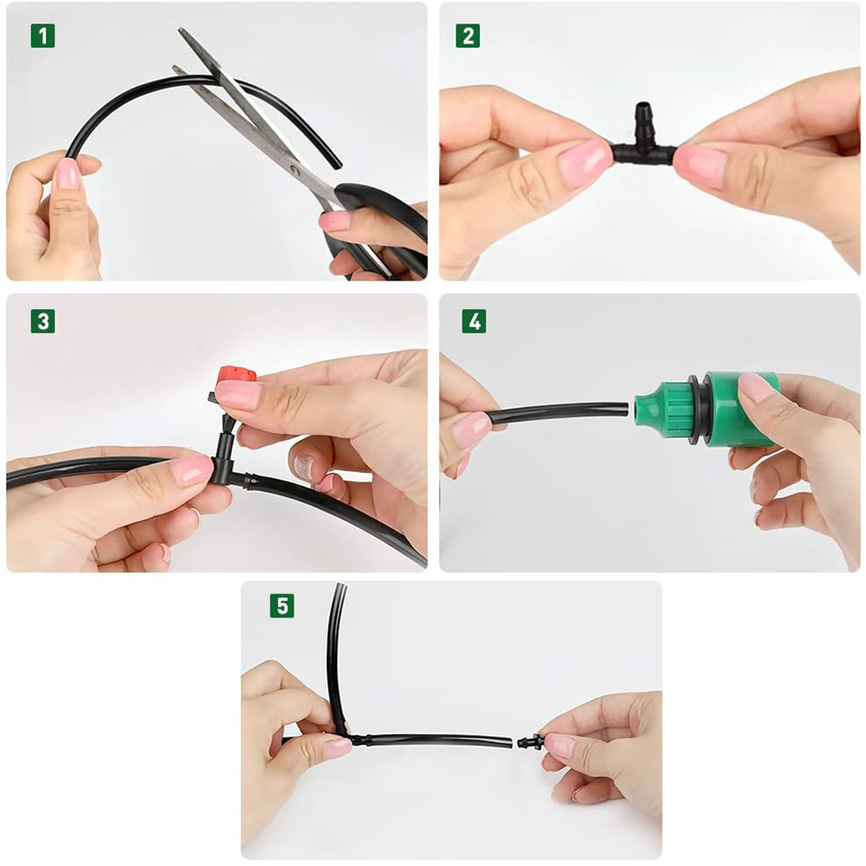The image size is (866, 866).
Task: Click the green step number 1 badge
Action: click(x=42, y=36)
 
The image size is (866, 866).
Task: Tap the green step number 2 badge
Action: click(x=468, y=36)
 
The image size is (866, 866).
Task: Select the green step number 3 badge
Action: click(x=42, y=321)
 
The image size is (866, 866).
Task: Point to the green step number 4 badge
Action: click(x=474, y=321)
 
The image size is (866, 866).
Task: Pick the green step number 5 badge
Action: click(x=281, y=605)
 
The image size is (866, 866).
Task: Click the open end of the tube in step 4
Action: click(x=626, y=410)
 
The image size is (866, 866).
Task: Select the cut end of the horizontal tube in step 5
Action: click(x=509, y=743)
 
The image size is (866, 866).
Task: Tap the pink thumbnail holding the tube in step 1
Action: click(x=68, y=173)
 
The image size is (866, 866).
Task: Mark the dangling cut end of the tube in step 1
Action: click(x=336, y=164)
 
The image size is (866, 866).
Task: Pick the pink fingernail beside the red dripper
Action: click(x=237, y=396)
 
